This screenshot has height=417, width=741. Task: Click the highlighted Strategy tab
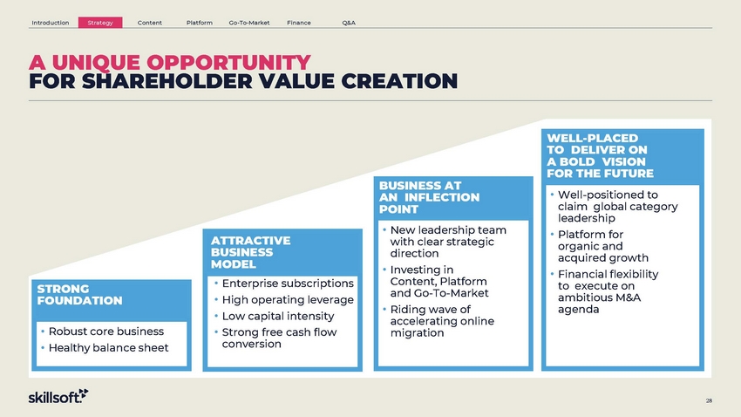coord(100,23)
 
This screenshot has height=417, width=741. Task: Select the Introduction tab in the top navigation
coord(50,23)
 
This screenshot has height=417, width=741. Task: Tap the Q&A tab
coord(349,23)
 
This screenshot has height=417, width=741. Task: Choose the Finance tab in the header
coord(299,23)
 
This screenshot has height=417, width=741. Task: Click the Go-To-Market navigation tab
coord(249,23)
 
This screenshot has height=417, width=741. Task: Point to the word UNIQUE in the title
coord(96,63)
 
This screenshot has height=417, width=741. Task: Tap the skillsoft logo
coord(58,396)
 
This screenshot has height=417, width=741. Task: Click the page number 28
coord(709,400)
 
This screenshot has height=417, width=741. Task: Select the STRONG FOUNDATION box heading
coord(79,295)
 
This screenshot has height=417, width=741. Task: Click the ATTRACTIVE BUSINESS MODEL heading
coord(250,252)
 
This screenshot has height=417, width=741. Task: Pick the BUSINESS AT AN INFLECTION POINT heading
coord(429,197)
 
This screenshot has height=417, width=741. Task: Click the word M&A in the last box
coord(622,297)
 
